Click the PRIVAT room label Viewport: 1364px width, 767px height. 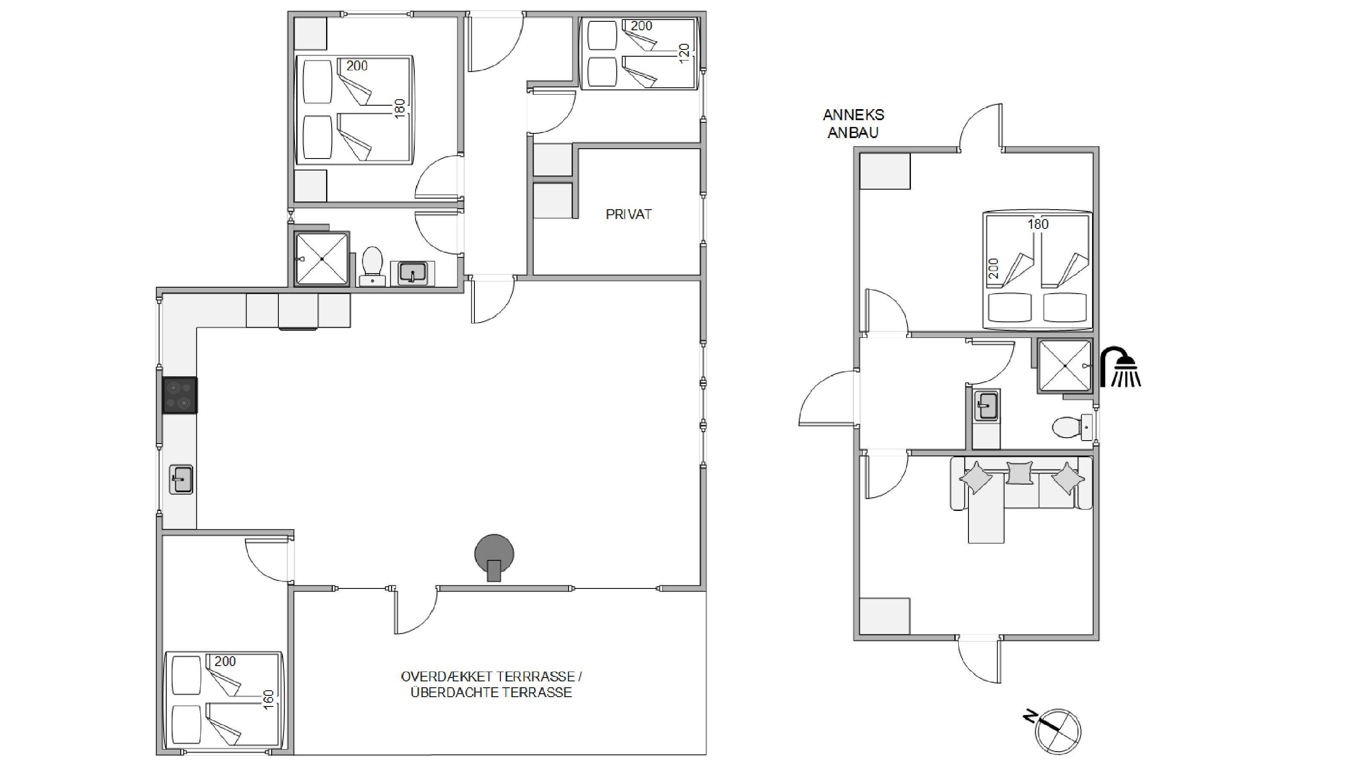pyautogui.click(x=629, y=214)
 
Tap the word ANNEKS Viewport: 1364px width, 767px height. pyautogui.click(x=853, y=115)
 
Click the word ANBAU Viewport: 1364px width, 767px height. pyautogui.click(x=853, y=133)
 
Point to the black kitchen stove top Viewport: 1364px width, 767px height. pyautogui.click(x=179, y=395)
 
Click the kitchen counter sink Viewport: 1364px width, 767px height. pyautogui.click(x=181, y=479)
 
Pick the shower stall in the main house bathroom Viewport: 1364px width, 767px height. pyautogui.click(x=322, y=259)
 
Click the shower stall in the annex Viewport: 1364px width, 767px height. pyautogui.click(x=1065, y=366)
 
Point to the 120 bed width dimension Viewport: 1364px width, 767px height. pyautogui.click(x=684, y=53)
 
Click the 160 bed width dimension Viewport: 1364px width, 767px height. pyautogui.click(x=269, y=700)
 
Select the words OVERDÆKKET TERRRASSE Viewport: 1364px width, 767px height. pyautogui.click(x=487, y=677)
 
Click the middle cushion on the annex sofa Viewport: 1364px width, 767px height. pyautogui.click(x=1020, y=473)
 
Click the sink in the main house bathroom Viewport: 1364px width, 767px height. pyautogui.click(x=413, y=273)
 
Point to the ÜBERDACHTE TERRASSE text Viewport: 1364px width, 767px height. pyautogui.click(x=491, y=692)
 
